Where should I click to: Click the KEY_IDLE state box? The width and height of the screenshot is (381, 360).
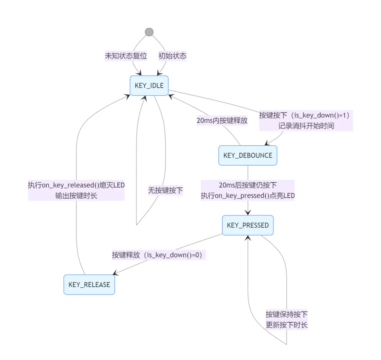149,85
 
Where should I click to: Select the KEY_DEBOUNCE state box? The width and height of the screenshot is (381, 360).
248,155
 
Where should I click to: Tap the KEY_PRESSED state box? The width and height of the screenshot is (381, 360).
248,225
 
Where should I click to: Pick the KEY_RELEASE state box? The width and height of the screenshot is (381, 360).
89,285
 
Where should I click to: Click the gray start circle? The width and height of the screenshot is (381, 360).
149,32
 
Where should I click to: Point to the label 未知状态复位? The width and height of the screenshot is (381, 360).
126,56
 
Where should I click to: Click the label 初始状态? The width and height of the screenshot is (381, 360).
172,56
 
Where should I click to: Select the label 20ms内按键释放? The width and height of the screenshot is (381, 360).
222,120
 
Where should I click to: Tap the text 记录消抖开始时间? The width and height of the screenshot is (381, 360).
306,126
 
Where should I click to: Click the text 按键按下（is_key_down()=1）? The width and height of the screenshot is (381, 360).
306,115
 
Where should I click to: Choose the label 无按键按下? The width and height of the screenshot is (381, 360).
165,190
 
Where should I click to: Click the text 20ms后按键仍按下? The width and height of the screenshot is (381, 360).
248,185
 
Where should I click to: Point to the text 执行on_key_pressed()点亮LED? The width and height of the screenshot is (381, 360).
248,196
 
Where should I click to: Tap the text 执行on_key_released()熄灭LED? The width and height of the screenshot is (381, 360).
76,185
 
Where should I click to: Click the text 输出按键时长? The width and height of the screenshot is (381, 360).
76,196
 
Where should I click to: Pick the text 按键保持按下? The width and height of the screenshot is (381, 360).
286,314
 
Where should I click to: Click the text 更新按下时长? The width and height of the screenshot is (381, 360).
286,325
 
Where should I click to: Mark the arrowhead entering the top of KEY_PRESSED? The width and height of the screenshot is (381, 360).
248,212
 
